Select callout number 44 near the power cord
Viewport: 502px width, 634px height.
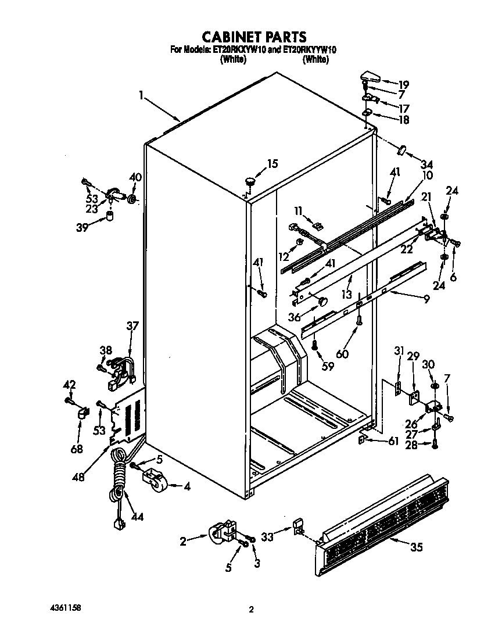[137, 515]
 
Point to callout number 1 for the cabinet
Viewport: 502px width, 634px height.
[141, 94]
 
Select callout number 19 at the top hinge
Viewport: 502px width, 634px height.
[403, 84]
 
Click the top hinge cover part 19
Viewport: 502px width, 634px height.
[370, 75]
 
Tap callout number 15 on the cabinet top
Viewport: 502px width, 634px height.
[272, 164]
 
